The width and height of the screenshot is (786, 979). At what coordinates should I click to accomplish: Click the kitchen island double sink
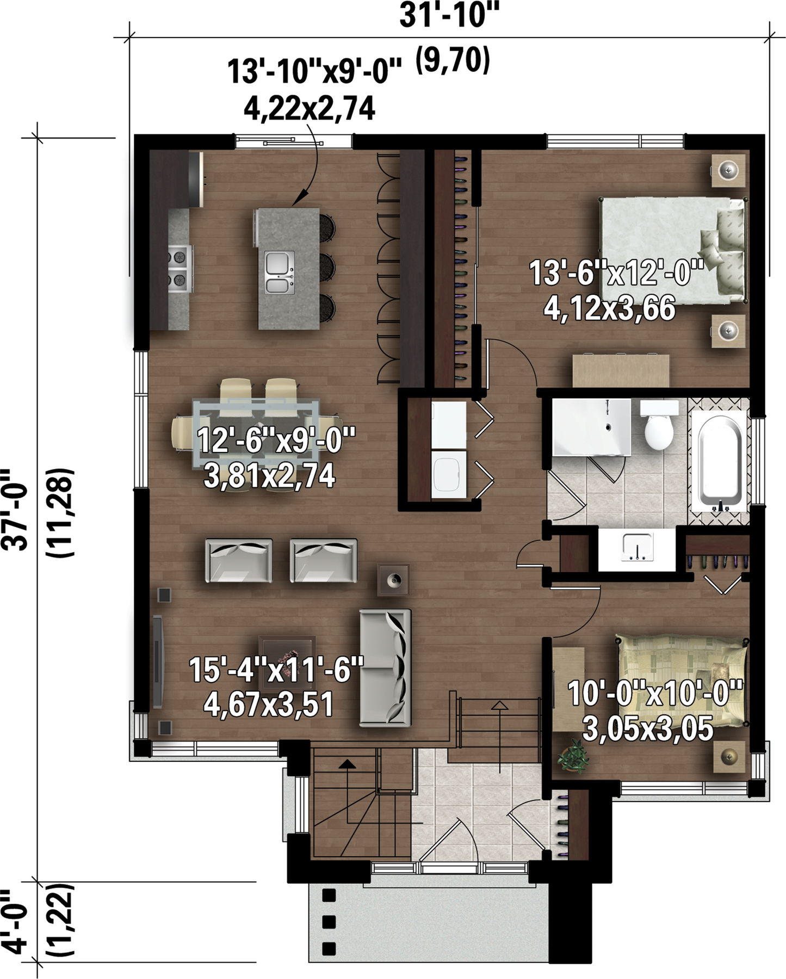point(280,272)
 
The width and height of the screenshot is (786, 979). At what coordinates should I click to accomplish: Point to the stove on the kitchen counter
point(180,267)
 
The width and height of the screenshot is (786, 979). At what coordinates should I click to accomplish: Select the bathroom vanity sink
point(638,547)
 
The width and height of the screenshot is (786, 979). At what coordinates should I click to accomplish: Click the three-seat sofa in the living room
point(385,667)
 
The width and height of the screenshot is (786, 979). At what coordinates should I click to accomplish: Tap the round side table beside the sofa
point(393,580)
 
